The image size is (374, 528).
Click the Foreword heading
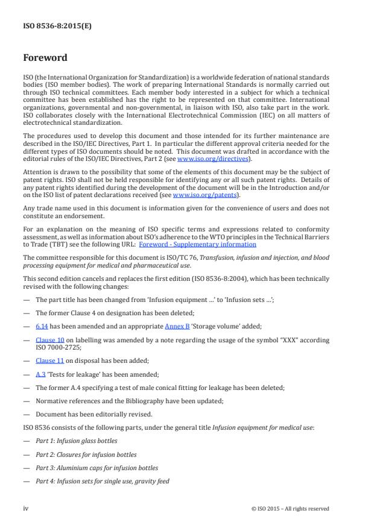click(45, 58)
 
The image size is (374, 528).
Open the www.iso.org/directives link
click(206, 159)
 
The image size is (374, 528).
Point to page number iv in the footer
click(26, 508)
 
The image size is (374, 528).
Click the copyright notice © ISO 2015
click(290, 508)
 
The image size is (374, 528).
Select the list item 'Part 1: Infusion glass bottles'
click(76, 441)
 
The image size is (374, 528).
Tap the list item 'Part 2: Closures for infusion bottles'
click(86, 454)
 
